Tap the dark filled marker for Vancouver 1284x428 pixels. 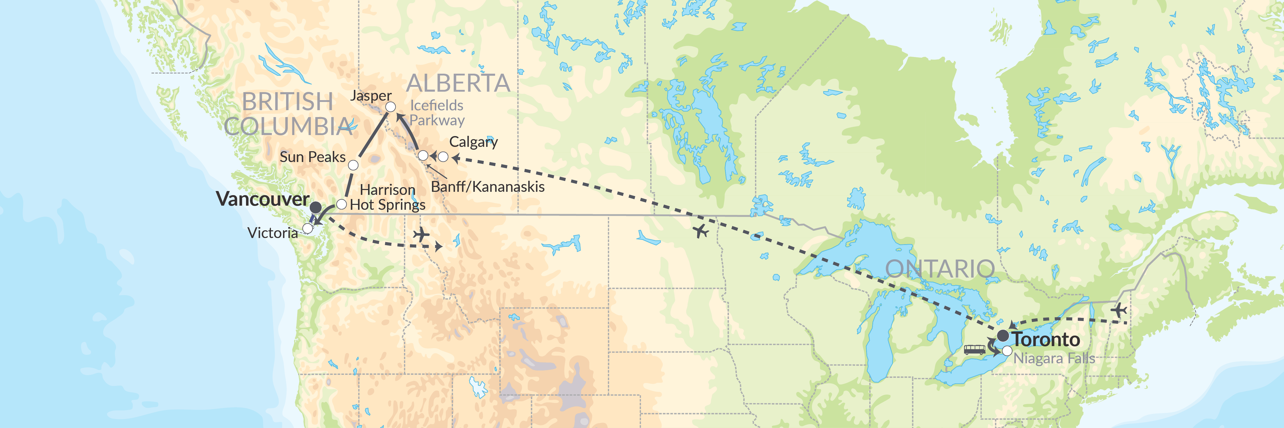point(316,207)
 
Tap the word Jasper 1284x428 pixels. point(371,96)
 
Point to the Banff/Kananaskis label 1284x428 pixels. point(487,187)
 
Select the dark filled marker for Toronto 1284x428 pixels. point(1003,335)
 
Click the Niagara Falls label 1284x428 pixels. point(1054,359)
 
